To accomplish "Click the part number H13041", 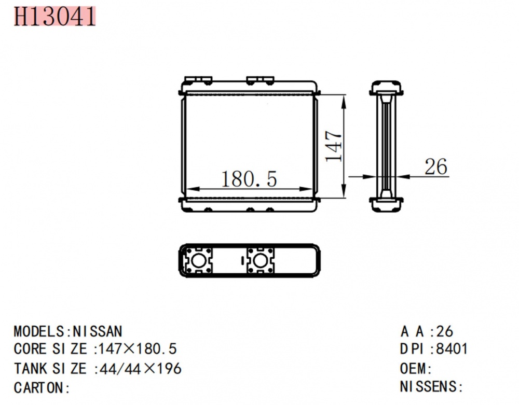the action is [x=54, y=16].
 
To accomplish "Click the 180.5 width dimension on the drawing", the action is [x=249, y=179].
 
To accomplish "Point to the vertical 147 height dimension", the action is [x=333, y=146].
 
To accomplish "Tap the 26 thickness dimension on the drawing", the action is [x=435, y=166].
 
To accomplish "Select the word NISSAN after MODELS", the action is [x=98, y=331].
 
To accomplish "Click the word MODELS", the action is [x=39, y=331].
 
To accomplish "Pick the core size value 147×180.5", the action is [x=138, y=349].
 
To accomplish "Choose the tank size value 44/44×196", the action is [x=140, y=369].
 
